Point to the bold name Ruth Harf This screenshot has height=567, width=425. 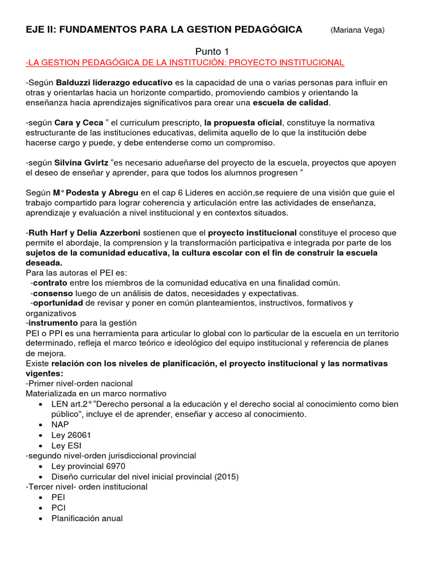(x=48, y=232)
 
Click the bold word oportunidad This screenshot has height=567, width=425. (x=57, y=303)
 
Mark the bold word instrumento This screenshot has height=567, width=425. (x=53, y=323)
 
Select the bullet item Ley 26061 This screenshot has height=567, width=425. (x=70, y=435)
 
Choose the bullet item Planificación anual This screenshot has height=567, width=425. (x=87, y=518)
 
